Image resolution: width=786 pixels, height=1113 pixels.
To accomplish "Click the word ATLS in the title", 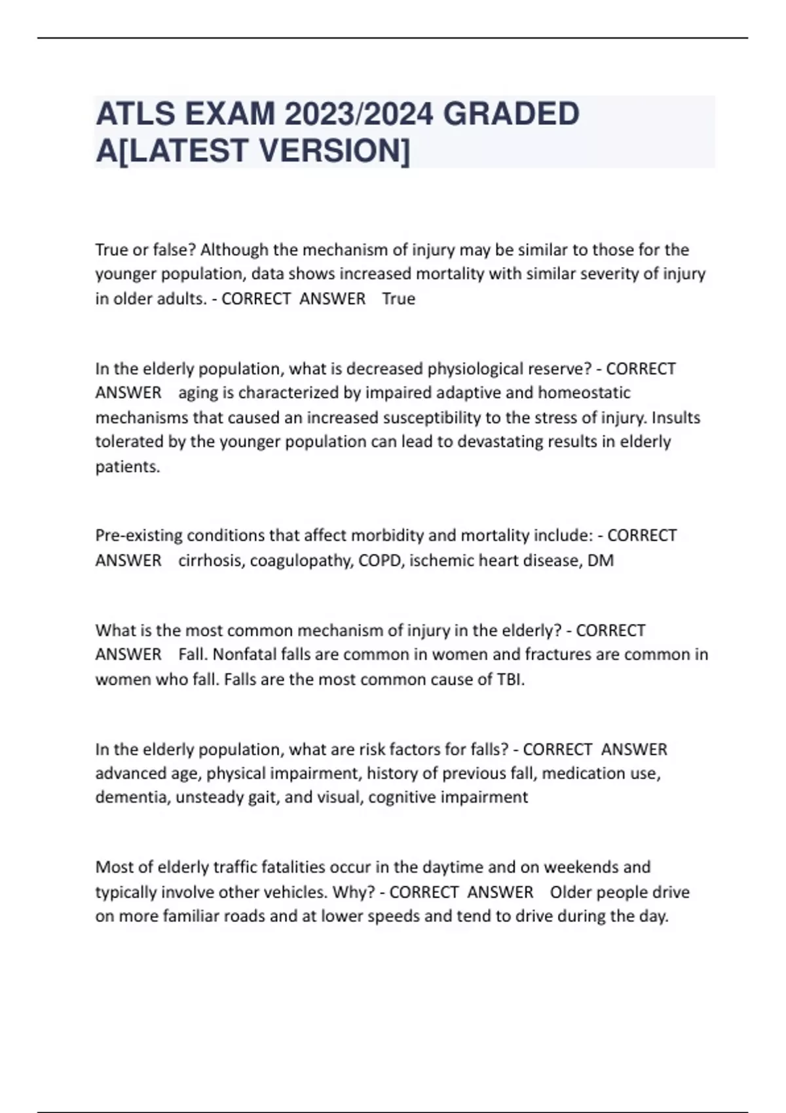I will (x=136, y=114).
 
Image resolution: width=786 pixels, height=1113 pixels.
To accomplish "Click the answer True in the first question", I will (x=398, y=299).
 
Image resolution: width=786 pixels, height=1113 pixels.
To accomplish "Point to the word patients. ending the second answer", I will (x=128, y=467).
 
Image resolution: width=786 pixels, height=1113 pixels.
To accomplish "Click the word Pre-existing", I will (x=139, y=536).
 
